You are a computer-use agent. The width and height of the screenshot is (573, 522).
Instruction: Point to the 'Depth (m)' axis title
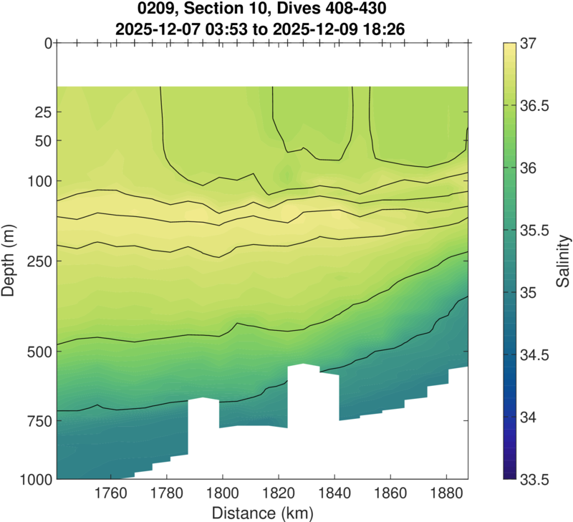coord(11,261)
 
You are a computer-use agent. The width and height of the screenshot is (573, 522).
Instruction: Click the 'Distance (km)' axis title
coord(261,513)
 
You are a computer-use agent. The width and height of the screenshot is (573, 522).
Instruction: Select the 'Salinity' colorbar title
coord(564,261)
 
